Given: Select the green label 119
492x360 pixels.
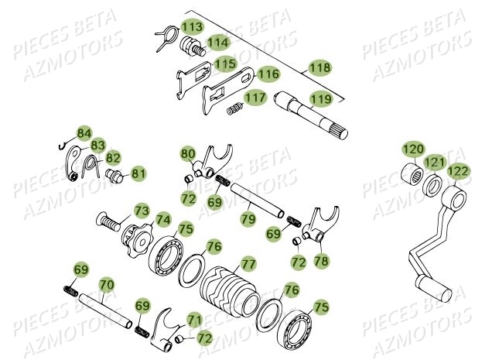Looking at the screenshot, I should (320, 99).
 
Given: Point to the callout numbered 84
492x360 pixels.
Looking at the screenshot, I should (84, 132).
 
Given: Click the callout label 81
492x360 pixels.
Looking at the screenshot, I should (138, 172).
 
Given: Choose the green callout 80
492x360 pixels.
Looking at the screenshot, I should (189, 153).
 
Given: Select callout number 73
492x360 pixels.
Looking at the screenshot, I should (142, 211).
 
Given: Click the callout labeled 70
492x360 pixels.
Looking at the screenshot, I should (106, 285).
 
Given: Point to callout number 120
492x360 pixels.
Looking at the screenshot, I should (412, 148).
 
